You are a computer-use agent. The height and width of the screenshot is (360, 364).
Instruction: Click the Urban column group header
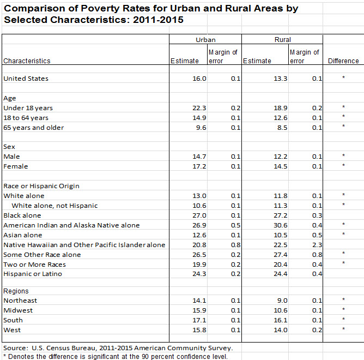(205, 40)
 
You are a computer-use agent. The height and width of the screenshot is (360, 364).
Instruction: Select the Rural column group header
(282, 40)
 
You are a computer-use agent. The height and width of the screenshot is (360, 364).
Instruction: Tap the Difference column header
(343, 61)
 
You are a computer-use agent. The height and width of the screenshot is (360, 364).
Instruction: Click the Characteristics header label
(27, 61)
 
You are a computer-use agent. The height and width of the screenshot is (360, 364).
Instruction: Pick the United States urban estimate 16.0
(199, 79)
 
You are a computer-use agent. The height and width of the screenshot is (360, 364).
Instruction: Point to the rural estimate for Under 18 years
(281, 108)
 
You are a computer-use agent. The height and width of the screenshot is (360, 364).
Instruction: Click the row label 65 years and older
(33, 128)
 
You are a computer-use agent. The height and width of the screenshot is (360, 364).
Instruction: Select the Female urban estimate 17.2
(199, 166)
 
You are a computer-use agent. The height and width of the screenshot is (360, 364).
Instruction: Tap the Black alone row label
(22, 215)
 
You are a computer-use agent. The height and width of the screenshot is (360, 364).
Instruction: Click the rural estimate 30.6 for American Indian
(281, 225)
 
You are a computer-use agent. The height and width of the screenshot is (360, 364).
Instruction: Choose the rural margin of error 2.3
(317, 245)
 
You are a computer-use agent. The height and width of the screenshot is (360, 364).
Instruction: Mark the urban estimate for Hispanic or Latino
(199, 274)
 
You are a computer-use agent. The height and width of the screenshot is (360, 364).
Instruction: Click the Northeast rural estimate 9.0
(282, 301)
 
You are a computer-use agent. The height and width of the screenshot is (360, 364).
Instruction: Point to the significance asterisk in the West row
(343, 329)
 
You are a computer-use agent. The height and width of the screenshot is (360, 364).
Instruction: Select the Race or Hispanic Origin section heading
(41, 186)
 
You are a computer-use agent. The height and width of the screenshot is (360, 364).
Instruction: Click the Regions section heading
(16, 291)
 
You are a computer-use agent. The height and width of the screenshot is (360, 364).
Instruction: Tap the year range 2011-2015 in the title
(158, 20)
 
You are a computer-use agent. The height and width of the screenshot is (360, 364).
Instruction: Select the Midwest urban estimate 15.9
(199, 310)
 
